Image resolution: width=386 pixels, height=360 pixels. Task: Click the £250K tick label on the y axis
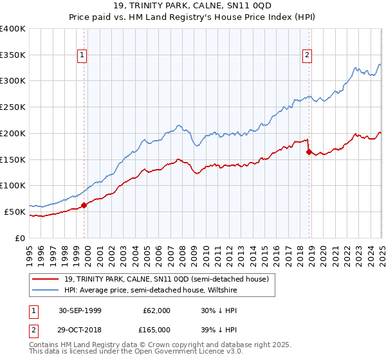click(x=12, y=107)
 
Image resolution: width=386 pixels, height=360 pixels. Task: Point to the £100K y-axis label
click(x=12, y=185)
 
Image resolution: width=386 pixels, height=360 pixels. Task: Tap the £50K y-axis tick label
click(x=15, y=212)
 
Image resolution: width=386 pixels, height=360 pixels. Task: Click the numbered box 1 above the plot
click(x=83, y=56)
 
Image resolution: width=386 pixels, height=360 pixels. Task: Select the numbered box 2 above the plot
click(x=308, y=56)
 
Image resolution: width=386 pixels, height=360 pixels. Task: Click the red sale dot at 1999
click(x=84, y=205)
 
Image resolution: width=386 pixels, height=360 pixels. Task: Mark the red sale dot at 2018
click(x=309, y=152)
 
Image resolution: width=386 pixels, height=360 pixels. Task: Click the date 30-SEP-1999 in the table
click(x=80, y=310)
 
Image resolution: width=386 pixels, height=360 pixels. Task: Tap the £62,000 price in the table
click(x=157, y=310)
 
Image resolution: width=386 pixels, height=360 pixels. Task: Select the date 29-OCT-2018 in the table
click(x=80, y=329)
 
